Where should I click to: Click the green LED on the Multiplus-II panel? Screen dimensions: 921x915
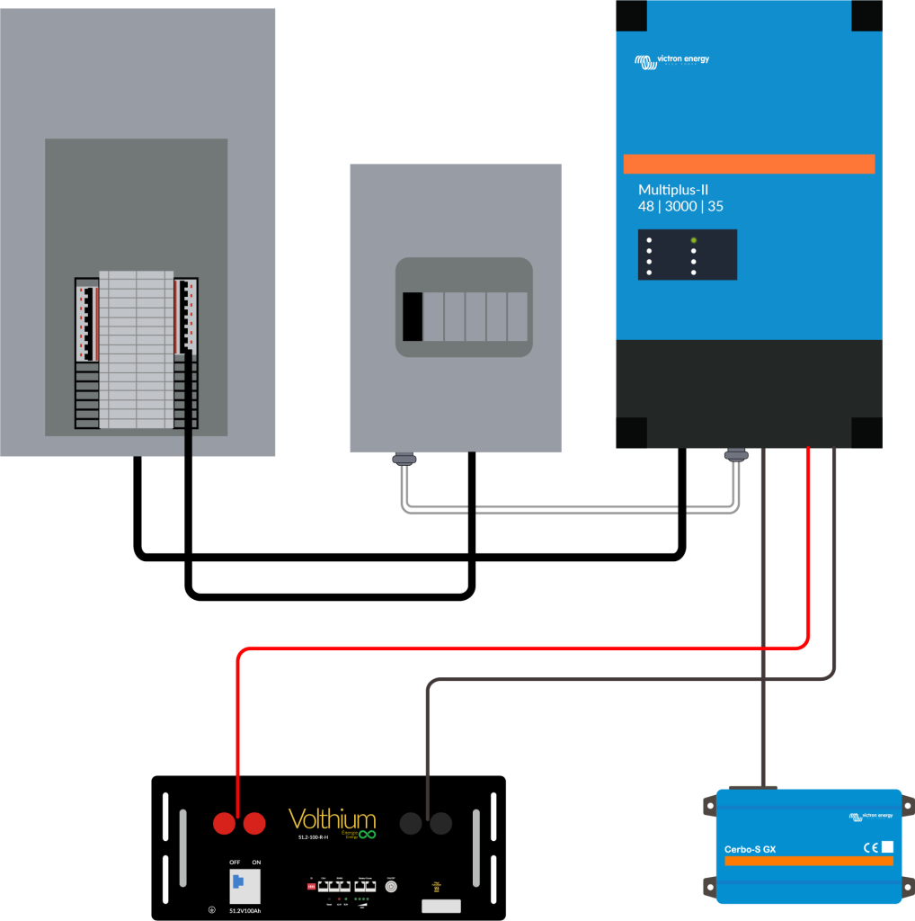click(693, 240)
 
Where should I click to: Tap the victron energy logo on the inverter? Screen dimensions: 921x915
click(671, 60)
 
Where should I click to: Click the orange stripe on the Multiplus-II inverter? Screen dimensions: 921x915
click(749, 164)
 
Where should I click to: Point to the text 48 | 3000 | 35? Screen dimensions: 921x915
click(680, 207)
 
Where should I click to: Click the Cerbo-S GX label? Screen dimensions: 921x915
click(752, 849)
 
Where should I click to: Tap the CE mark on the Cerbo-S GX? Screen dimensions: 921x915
click(870, 846)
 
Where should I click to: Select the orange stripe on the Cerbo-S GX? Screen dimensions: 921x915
click(808, 861)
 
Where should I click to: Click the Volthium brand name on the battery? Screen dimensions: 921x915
click(332, 819)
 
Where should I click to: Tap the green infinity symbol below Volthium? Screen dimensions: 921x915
click(367, 834)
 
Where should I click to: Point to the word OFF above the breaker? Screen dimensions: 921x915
click(235, 862)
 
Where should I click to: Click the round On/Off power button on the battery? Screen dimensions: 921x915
click(391, 886)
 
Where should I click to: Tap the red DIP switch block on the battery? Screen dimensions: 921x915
click(312, 886)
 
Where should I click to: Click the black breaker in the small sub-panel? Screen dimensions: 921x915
click(413, 317)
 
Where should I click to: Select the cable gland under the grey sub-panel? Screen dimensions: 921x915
click(405, 460)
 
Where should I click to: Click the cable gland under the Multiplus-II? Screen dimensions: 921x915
click(737, 456)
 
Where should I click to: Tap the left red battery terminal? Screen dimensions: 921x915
click(224, 823)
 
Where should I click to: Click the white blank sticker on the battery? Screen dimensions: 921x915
click(440, 906)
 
